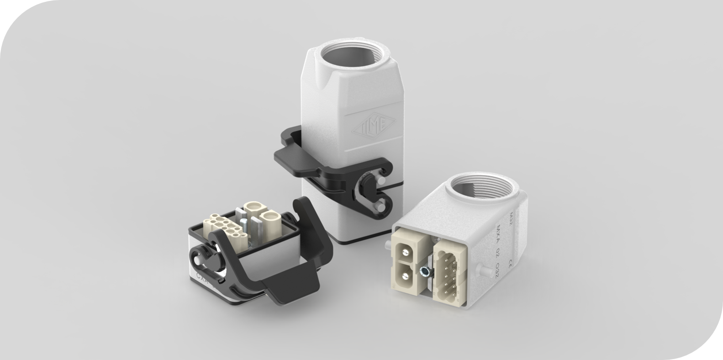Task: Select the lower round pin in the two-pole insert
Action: tap(404, 274)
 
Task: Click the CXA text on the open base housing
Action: tap(201, 277)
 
